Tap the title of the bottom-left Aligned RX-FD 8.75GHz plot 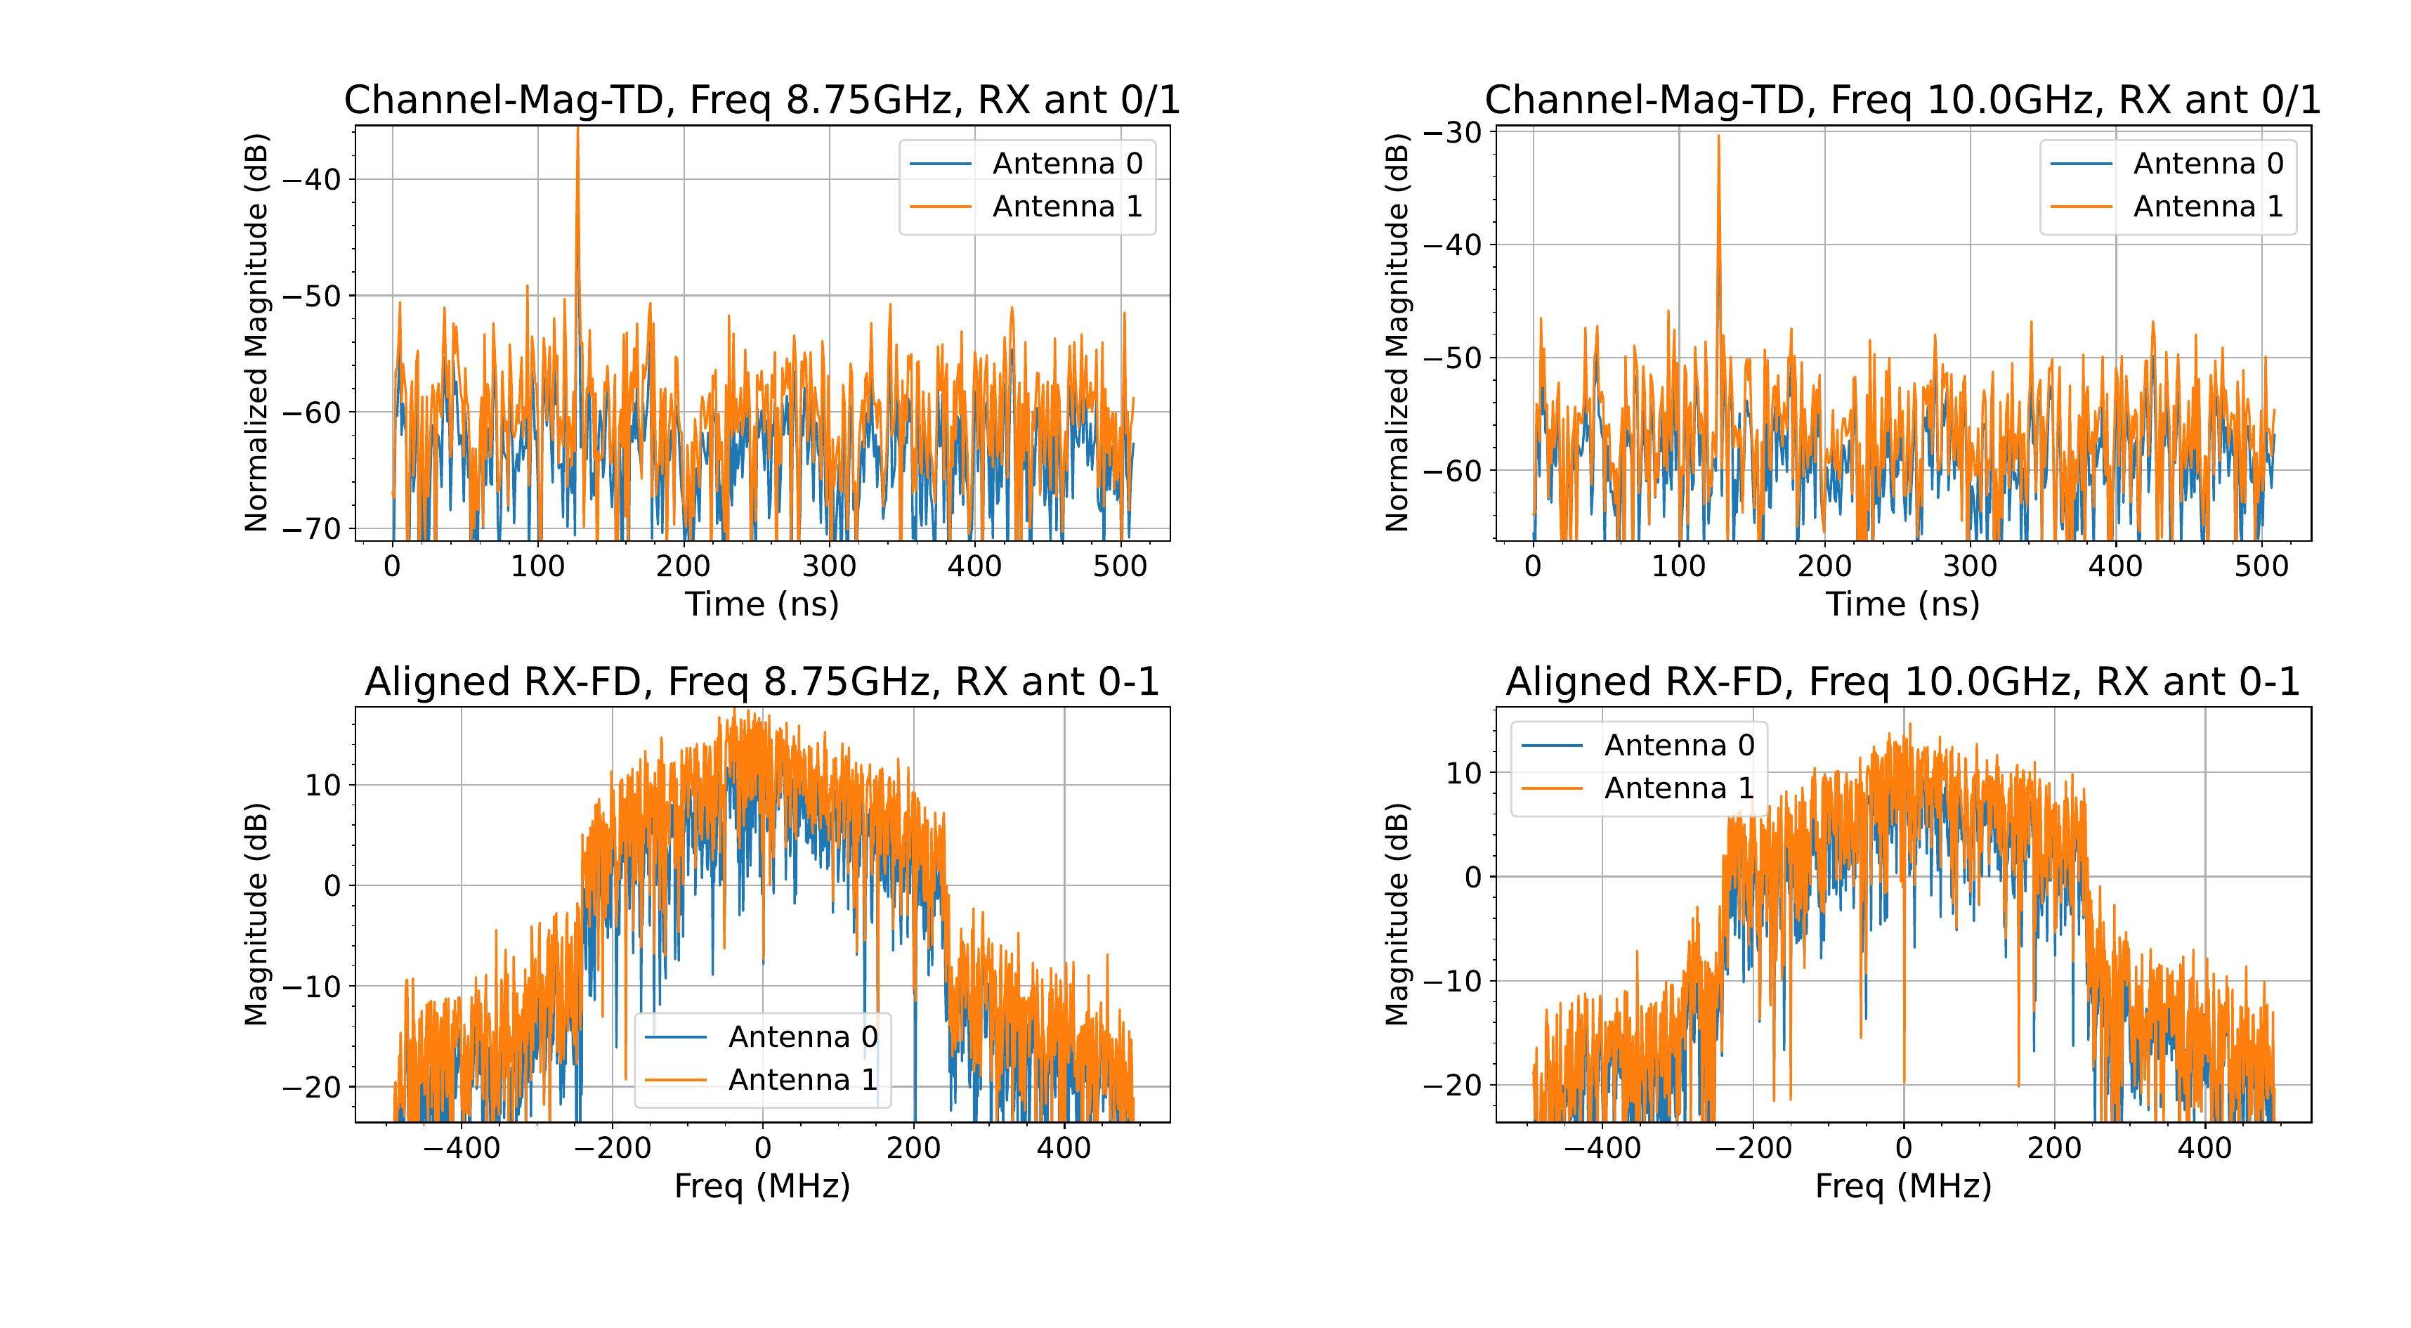click(762, 682)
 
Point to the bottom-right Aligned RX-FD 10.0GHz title click(1903, 682)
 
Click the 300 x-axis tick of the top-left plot click(829, 566)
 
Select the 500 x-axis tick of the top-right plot click(2261, 566)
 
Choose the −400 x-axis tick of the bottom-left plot click(462, 1148)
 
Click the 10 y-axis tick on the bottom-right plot click(1465, 773)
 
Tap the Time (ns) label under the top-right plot click(1903, 604)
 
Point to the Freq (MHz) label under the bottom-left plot click(762, 1187)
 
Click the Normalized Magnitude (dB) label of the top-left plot click(256, 334)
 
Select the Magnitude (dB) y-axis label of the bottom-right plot click(1397, 914)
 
